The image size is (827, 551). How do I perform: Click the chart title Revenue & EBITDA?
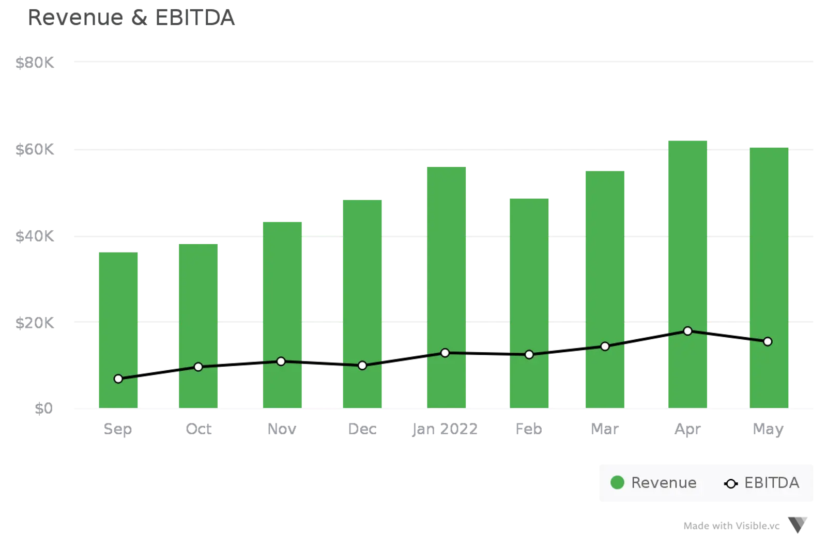(x=132, y=19)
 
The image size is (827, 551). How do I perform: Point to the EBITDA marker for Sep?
(x=118, y=379)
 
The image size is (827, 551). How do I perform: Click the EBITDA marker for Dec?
(x=362, y=366)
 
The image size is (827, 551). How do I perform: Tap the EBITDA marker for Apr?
(x=687, y=331)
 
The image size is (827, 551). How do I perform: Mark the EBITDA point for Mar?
(x=605, y=347)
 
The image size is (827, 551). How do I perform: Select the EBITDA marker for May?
(x=768, y=342)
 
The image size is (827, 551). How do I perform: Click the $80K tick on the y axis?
(x=35, y=62)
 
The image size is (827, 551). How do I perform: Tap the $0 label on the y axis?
(x=43, y=409)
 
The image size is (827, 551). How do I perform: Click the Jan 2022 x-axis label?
(x=445, y=430)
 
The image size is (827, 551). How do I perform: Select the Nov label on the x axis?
(x=281, y=430)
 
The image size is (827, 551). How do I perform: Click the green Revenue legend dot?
(x=617, y=483)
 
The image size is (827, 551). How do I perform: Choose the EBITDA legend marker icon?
(x=731, y=484)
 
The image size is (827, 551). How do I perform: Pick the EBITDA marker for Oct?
(x=198, y=367)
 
